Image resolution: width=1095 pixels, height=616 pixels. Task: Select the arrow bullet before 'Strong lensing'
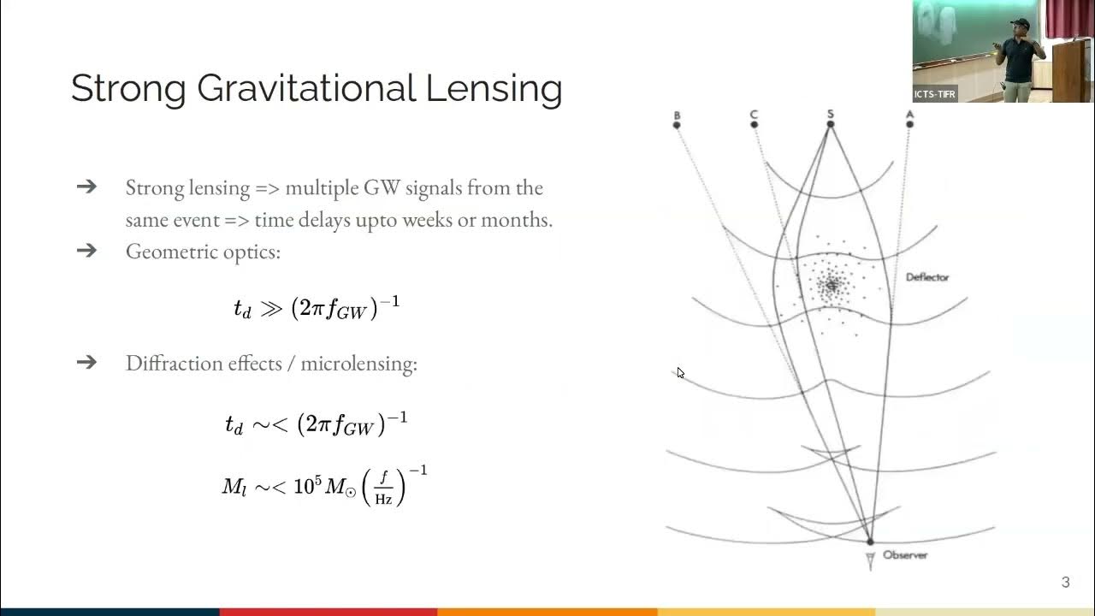86,187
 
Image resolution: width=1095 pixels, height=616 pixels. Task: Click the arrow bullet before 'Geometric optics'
86,251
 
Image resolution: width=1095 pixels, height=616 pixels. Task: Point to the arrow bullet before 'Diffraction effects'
86,362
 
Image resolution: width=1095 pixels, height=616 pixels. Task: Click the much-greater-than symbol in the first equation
270,309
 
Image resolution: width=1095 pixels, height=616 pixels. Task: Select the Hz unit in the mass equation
383,499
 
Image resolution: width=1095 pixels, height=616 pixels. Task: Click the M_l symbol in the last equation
234,488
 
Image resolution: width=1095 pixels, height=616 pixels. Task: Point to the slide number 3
1065,583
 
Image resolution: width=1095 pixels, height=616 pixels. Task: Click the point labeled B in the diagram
677,125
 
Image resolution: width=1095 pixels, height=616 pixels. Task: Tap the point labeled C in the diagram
754,125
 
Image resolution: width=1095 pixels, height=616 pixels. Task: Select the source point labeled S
830,125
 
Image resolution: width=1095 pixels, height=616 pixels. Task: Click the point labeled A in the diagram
909,125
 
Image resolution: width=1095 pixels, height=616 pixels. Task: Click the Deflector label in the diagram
927,277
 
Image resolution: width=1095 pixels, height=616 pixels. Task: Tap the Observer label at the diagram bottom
904,555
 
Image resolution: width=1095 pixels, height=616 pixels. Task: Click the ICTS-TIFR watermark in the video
935,94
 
